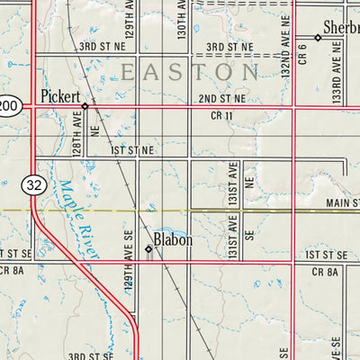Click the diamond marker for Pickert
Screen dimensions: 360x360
pos(85,105)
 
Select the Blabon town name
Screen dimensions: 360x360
pos(173,240)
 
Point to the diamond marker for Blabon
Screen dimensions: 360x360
pos(148,248)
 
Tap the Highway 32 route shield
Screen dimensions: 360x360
pos(33,184)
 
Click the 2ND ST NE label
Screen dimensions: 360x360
pos(221,97)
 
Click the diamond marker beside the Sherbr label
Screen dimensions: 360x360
pos(318,38)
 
